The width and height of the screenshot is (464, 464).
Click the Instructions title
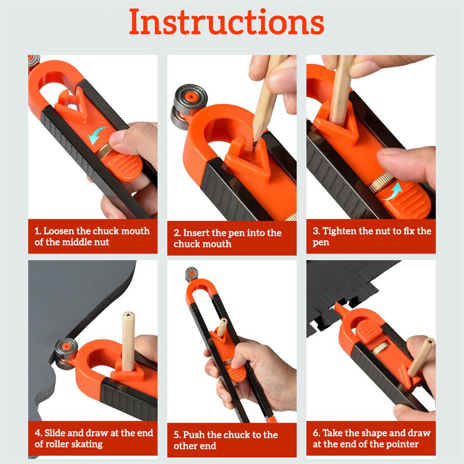(227, 21)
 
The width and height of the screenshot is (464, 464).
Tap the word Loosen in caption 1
(61, 231)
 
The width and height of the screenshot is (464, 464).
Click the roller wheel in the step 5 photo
(192, 274)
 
